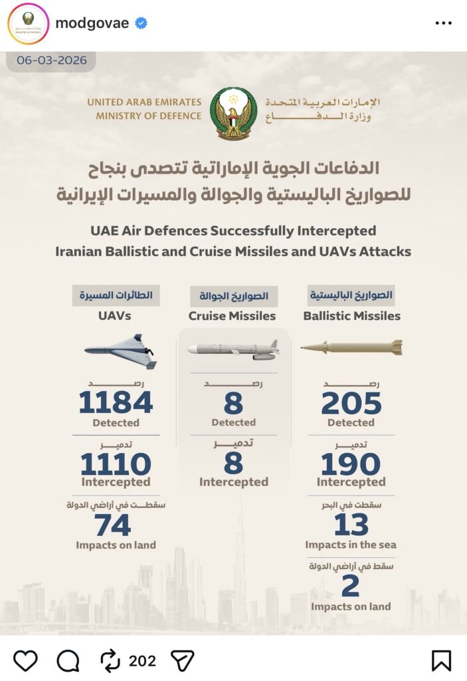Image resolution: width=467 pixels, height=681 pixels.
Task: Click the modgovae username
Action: pyautogui.click(x=92, y=23)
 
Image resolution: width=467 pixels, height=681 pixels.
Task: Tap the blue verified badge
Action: pyautogui.click(x=141, y=23)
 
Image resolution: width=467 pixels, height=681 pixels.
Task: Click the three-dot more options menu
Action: pyautogui.click(x=443, y=23)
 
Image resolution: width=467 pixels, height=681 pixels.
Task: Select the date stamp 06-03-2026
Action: pyautogui.click(x=52, y=60)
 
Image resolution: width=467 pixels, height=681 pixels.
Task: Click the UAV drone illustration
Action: pyautogui.click(x=121, y=350)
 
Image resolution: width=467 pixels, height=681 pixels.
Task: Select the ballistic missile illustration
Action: pyautogui.click(x=351, y=347)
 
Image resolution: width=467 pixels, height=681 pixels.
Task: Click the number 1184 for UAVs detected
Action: pyautogui.click(x=116, y=403)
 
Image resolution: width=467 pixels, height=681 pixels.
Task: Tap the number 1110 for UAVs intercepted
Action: pyautogui.click(x=116, y=464)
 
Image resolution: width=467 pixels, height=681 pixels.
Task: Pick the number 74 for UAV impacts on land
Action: pyautogui.click(x=113, y=526)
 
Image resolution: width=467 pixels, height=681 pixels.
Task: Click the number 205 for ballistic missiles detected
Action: pyautogui.click(x=351, y=403)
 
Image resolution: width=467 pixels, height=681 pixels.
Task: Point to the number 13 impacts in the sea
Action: pyautogui.click(x=351, y=525)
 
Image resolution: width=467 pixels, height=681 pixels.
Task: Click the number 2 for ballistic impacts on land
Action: pyautogui.click(x=350, y=587)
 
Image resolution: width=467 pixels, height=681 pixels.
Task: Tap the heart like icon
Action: pyautogui.click(x=25, y=660)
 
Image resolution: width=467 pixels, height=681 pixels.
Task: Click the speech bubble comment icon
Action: pyautogui.click(x=68, y=660)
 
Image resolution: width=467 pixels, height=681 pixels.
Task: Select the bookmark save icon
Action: pyautogui.click(x=441, y=660)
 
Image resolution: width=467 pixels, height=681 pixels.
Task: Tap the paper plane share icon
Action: pyautogui.click(x=182, y=660)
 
